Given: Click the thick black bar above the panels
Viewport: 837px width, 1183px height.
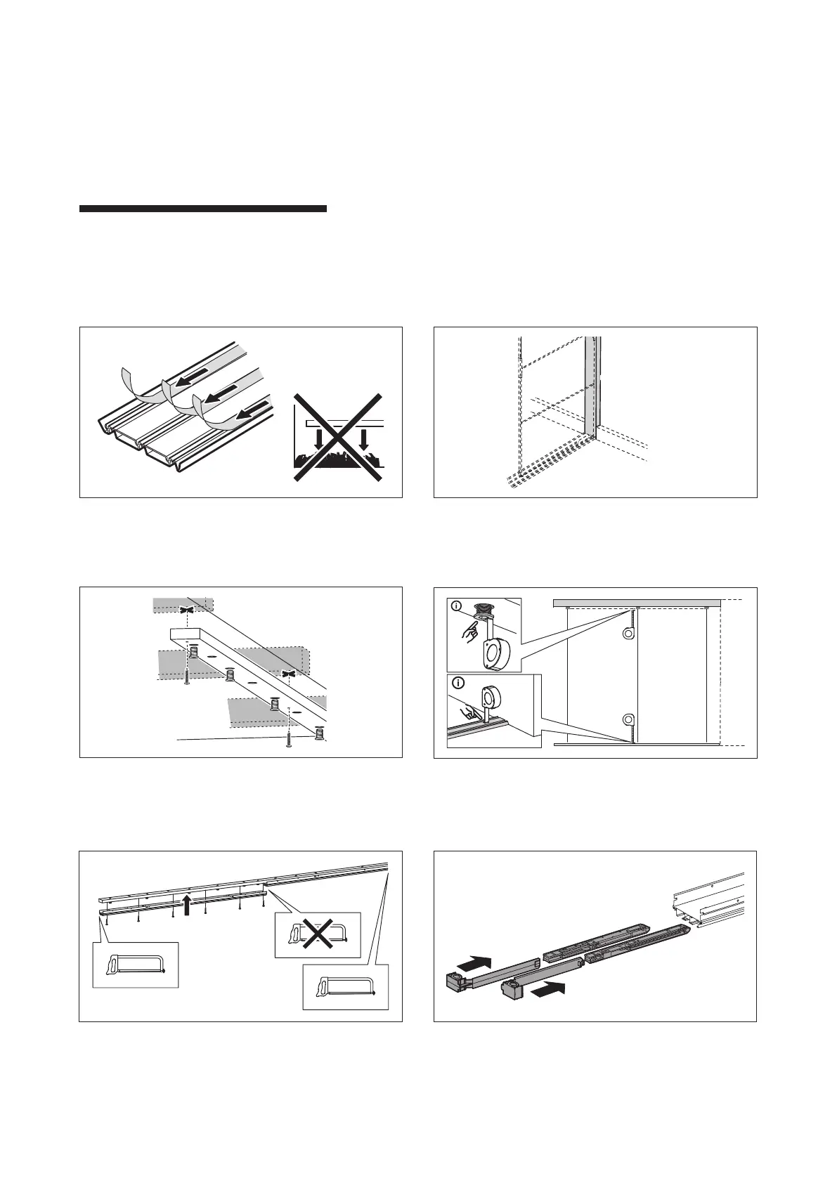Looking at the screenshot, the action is click(x=202, y=209).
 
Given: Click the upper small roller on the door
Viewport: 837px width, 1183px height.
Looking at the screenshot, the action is click(x=628, y=634).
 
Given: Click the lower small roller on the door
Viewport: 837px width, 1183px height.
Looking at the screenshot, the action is click(x=628, y=720).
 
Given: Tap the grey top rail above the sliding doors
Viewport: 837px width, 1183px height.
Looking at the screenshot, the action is click(x=637, y=603).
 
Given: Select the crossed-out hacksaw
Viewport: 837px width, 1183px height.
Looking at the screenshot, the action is click(x=316, y=935).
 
